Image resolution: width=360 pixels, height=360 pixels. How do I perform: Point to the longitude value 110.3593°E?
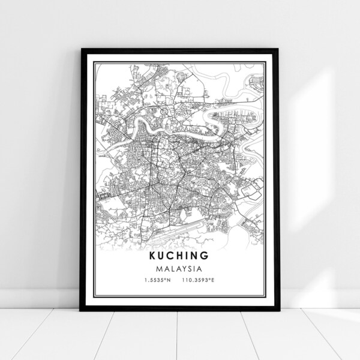pos(200,281)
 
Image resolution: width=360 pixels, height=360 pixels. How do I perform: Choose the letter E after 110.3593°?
pos(214,281)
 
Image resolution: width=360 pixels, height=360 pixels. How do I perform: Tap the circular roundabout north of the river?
pos(164,110)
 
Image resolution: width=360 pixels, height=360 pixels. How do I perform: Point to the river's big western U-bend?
pos(143,124)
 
